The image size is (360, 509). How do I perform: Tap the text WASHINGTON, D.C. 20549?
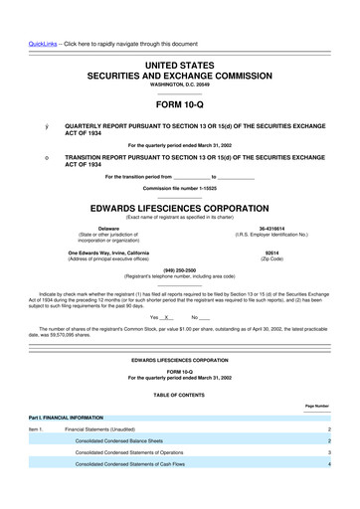[x=179, y=84]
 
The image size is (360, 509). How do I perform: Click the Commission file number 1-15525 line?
[x=179, y=188]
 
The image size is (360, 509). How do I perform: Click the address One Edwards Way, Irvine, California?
[x=109, y=252]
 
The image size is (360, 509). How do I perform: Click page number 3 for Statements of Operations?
[x=327, y=451]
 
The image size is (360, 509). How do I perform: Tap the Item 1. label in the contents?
[x=36, y=428]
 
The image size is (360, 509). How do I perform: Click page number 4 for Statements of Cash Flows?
[x=327, y=463]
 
